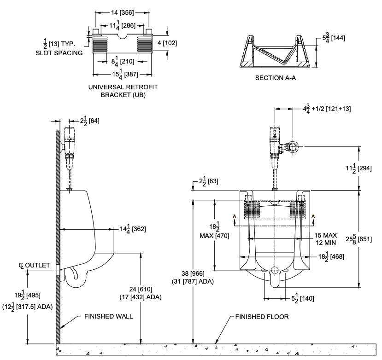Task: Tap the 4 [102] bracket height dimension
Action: (x=167, y=43)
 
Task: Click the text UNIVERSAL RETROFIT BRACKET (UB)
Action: (x=123, y=91)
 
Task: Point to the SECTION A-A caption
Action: (x=275, y=78)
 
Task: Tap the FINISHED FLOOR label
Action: (x=262, y=317)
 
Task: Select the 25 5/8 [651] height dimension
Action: (x=367, y=238)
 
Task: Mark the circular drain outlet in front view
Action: (x=275, y=270)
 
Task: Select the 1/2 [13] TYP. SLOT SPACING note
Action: (x=59, y=48)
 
